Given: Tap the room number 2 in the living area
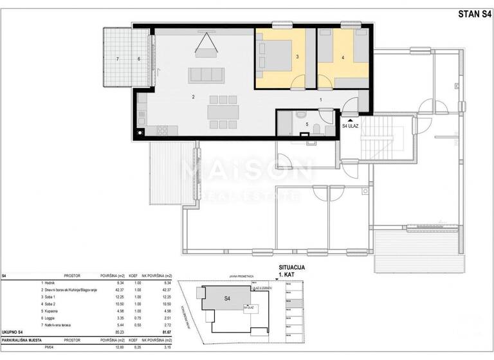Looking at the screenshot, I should pos(192,97).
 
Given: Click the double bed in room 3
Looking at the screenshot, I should pos(273,55).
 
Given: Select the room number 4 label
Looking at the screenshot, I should pos(343,58).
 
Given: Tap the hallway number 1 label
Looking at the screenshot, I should pos(320,100).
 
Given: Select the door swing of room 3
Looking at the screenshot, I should pos(298,81).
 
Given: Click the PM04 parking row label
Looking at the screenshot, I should pos(47,347).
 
